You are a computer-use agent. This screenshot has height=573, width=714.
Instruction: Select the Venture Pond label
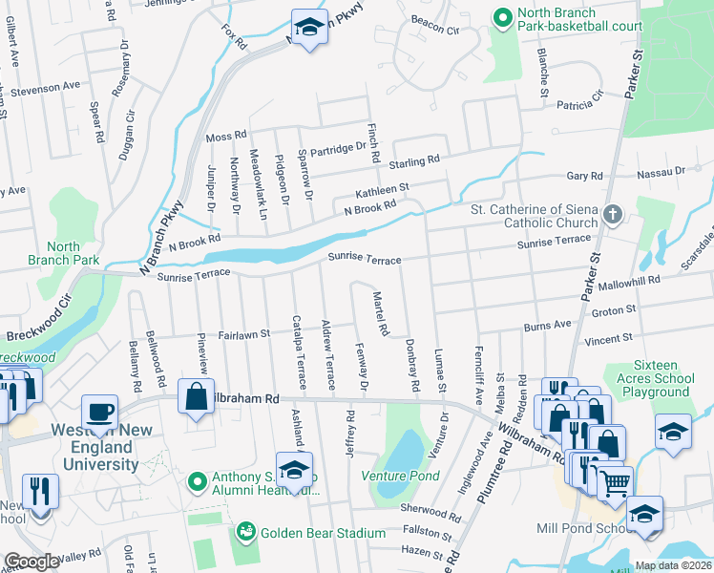(400, 475)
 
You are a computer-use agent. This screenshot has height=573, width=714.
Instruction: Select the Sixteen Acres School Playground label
(674, 378)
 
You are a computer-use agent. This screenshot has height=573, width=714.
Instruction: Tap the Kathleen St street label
(382, 189)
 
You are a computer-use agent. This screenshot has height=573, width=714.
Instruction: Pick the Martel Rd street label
(379, 314)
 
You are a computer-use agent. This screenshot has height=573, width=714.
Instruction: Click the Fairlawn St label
(244, 335)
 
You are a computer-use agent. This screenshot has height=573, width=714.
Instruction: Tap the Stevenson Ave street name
(45, 87)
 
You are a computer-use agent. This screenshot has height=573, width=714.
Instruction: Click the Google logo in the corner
(31, 562)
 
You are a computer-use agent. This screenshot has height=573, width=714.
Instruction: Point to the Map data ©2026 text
(672, 565)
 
